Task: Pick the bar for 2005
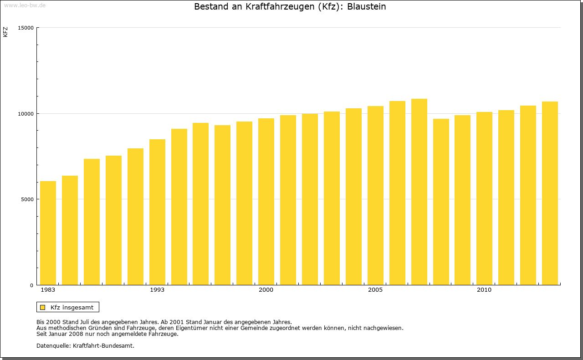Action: [375, 196]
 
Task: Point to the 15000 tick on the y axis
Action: [26, 28]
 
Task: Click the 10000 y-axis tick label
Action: [26, 113]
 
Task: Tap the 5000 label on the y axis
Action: [27, 199]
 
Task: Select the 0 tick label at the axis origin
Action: [32, 285]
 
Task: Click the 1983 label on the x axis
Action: [48, 290]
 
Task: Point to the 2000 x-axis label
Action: [266, 290]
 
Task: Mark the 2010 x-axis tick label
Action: [484, 290]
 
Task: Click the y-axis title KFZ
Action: [5, 32]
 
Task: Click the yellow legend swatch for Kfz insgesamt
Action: [42, 307]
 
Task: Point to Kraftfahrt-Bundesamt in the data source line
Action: [103, 345]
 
